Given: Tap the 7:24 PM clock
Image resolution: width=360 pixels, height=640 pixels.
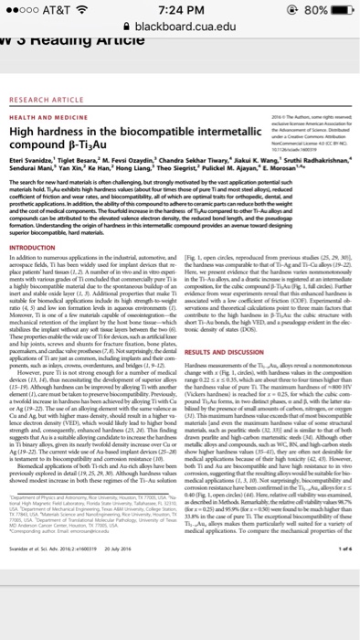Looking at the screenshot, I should pyautogui.click(x=180, y=11).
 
